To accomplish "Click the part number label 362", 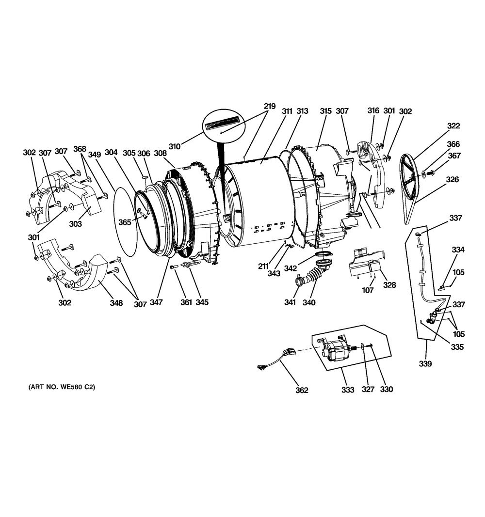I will (302, 390).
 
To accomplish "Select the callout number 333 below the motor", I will (347, 389).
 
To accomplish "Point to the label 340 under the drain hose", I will (309, 303).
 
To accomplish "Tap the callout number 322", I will (453, 126).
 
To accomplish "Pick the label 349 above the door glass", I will (94, 155).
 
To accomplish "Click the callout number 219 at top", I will (270, 106).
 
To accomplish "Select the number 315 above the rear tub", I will (325, 111).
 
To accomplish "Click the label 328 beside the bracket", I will (389, 285).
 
